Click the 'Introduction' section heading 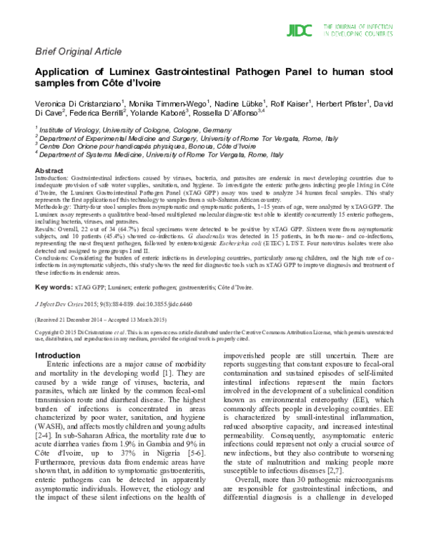[x=62, y=355]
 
